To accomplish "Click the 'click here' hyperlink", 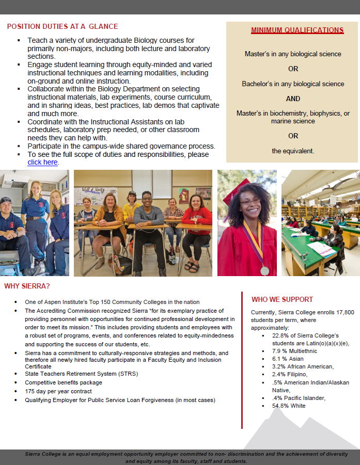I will [x=42, y=162].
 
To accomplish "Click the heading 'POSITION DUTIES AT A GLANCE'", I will [x=62, y=26].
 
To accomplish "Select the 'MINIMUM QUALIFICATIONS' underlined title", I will [x=297, y=30].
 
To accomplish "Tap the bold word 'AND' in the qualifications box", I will [x=293, y=99].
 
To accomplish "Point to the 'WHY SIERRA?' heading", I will [x=27, y=286].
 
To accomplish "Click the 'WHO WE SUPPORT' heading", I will [x=282, y=299].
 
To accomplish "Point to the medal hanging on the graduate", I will [x=264, y=270].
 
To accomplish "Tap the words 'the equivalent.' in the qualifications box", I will [x=293, y=151].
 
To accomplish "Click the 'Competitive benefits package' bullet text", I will [x=64, y=382].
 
